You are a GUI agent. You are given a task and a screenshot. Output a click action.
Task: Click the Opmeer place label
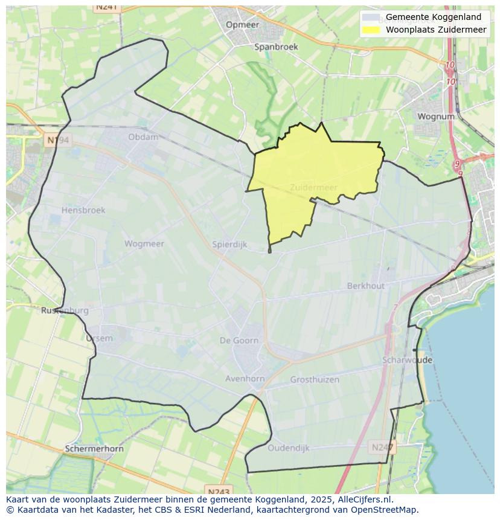[242, 25]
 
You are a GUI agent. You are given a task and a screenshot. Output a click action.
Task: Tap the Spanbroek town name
[276, 47]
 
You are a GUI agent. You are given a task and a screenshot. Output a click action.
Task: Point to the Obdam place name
[143, 137]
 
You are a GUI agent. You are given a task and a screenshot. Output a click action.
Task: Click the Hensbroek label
[83, 210]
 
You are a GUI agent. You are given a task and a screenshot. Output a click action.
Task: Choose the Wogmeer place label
[144, 244]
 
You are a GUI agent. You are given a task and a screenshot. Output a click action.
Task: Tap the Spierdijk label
[229, 245]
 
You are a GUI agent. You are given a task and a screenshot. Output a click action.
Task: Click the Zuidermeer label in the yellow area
[313, 187]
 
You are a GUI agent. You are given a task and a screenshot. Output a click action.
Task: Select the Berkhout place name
[365, 286]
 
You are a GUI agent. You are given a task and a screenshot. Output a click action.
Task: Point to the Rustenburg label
[65, 310]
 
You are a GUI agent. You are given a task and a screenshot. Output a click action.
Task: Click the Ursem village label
[99, 338]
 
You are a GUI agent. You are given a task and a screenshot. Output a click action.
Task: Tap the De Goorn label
[239, 341]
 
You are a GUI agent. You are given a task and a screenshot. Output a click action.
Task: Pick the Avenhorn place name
[245, 379]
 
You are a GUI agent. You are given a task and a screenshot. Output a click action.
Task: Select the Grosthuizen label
[315, 380]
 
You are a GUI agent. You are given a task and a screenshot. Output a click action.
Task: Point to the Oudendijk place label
[289, 448]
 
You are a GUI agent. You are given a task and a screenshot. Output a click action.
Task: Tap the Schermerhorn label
[94, 449]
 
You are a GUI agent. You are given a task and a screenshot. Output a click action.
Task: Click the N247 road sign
[382, 448]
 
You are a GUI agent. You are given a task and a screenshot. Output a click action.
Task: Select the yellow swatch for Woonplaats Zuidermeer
[371, 30]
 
